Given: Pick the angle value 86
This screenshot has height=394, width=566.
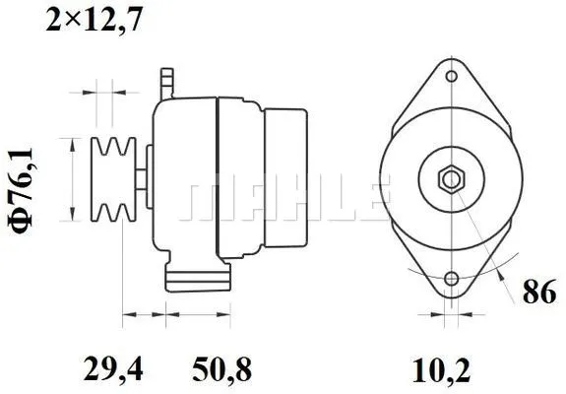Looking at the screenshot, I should [536, 293].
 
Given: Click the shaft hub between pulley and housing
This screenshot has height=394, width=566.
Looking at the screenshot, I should [145, 177].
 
